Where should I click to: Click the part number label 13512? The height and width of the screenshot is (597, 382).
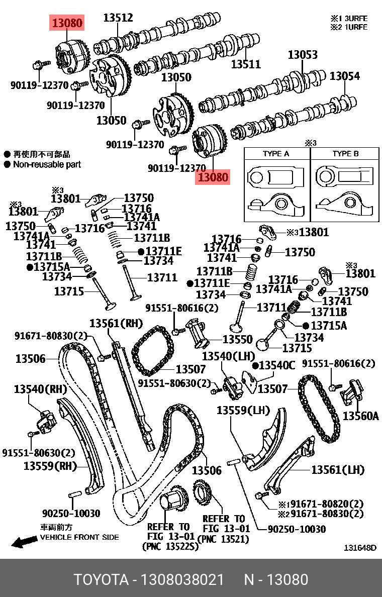point(118,18)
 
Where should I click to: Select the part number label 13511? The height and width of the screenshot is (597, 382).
point(246,64)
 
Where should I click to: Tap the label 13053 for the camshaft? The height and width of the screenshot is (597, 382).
point(303,55)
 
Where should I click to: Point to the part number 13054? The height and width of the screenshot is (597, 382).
point(344,76)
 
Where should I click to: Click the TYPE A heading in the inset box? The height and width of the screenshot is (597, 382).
point(276,154)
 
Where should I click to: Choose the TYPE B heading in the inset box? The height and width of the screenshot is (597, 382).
point(345,154)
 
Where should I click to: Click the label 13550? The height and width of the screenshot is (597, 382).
point(237,340)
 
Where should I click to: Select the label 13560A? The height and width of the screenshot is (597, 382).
point(360,416)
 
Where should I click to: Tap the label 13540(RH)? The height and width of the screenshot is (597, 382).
point(40,388)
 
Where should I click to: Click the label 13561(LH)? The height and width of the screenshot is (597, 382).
point(337,469)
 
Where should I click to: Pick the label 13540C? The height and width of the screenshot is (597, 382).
point(277,365)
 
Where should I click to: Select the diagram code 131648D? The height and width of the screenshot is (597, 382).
point(359,547)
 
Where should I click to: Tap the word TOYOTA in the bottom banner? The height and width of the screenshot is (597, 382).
point(101,579)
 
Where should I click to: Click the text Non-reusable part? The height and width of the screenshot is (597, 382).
point(47,164)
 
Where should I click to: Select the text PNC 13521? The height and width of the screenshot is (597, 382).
point(224,538)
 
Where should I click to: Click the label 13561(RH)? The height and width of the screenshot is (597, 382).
point(116,323)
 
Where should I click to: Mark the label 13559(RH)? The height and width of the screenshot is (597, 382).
point(48,466)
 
